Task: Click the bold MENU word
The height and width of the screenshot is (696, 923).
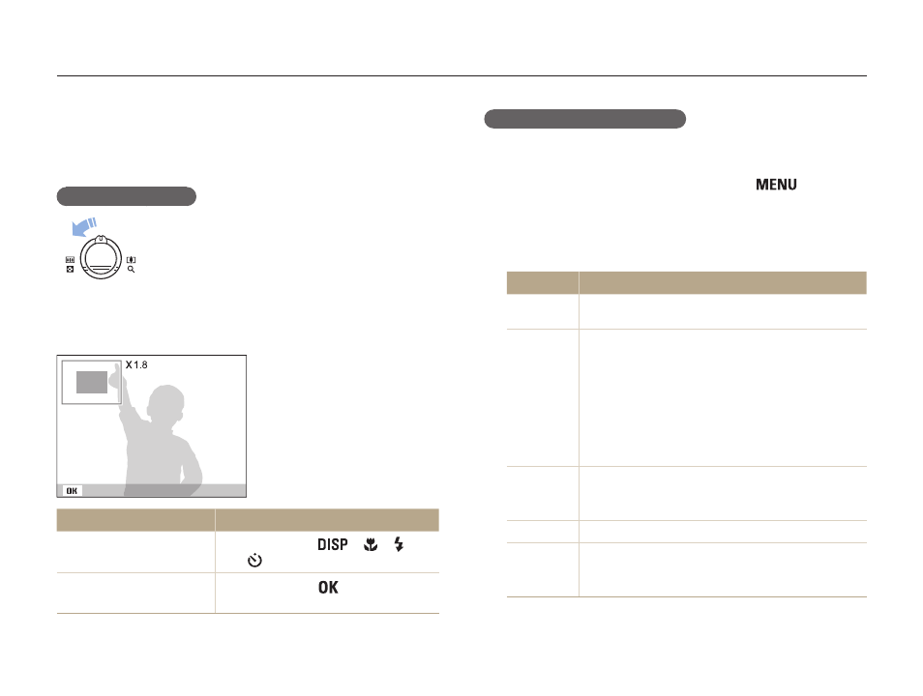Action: coord(776,185)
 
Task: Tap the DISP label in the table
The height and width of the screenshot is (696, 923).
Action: coord(333,545)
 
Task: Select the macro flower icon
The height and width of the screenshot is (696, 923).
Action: coord(371,545)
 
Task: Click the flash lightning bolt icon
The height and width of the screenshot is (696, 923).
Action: coord(400,544)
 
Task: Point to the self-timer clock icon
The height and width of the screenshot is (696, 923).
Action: coord(254,560)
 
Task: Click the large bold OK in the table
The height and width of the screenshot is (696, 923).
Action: coord(328,587)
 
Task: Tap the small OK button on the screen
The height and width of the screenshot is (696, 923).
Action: coord(72,491)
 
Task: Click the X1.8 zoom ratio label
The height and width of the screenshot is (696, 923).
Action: coord(136,364)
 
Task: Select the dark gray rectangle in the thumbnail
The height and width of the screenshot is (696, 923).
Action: coord(92,383)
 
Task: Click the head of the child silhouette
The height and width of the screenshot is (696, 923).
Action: coord(166,402)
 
